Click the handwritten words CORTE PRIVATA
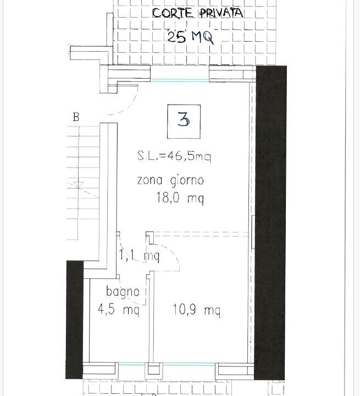point(198,13)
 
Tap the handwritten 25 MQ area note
point(191,37)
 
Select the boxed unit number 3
point(184,122)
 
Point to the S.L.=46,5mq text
point(174,156)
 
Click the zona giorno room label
point(170,181)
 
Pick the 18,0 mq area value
point(180,197)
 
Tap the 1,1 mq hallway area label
point(139,256)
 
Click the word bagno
point(123,292)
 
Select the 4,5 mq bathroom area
point(118,310)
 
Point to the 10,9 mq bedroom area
point(197,310)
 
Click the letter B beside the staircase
point(76,117)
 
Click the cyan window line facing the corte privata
point(180,80)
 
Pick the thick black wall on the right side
point(270,223)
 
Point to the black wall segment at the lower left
point(75,320)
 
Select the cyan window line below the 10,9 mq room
point(189,364)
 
